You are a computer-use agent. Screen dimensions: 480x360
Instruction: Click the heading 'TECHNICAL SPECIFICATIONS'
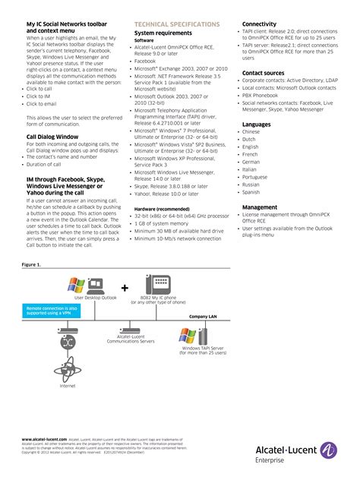click(176, 25)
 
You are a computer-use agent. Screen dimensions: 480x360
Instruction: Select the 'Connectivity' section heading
click(259, 24)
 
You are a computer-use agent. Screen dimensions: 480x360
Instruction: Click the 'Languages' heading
click(256, 124)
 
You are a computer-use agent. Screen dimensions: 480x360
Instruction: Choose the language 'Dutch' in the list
click(250, 139)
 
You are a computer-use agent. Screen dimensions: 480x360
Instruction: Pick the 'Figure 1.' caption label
click(32, 264)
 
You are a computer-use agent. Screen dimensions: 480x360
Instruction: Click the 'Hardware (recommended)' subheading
click(162, 208)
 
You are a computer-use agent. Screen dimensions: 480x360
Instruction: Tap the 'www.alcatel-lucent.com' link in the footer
click(44, 439)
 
